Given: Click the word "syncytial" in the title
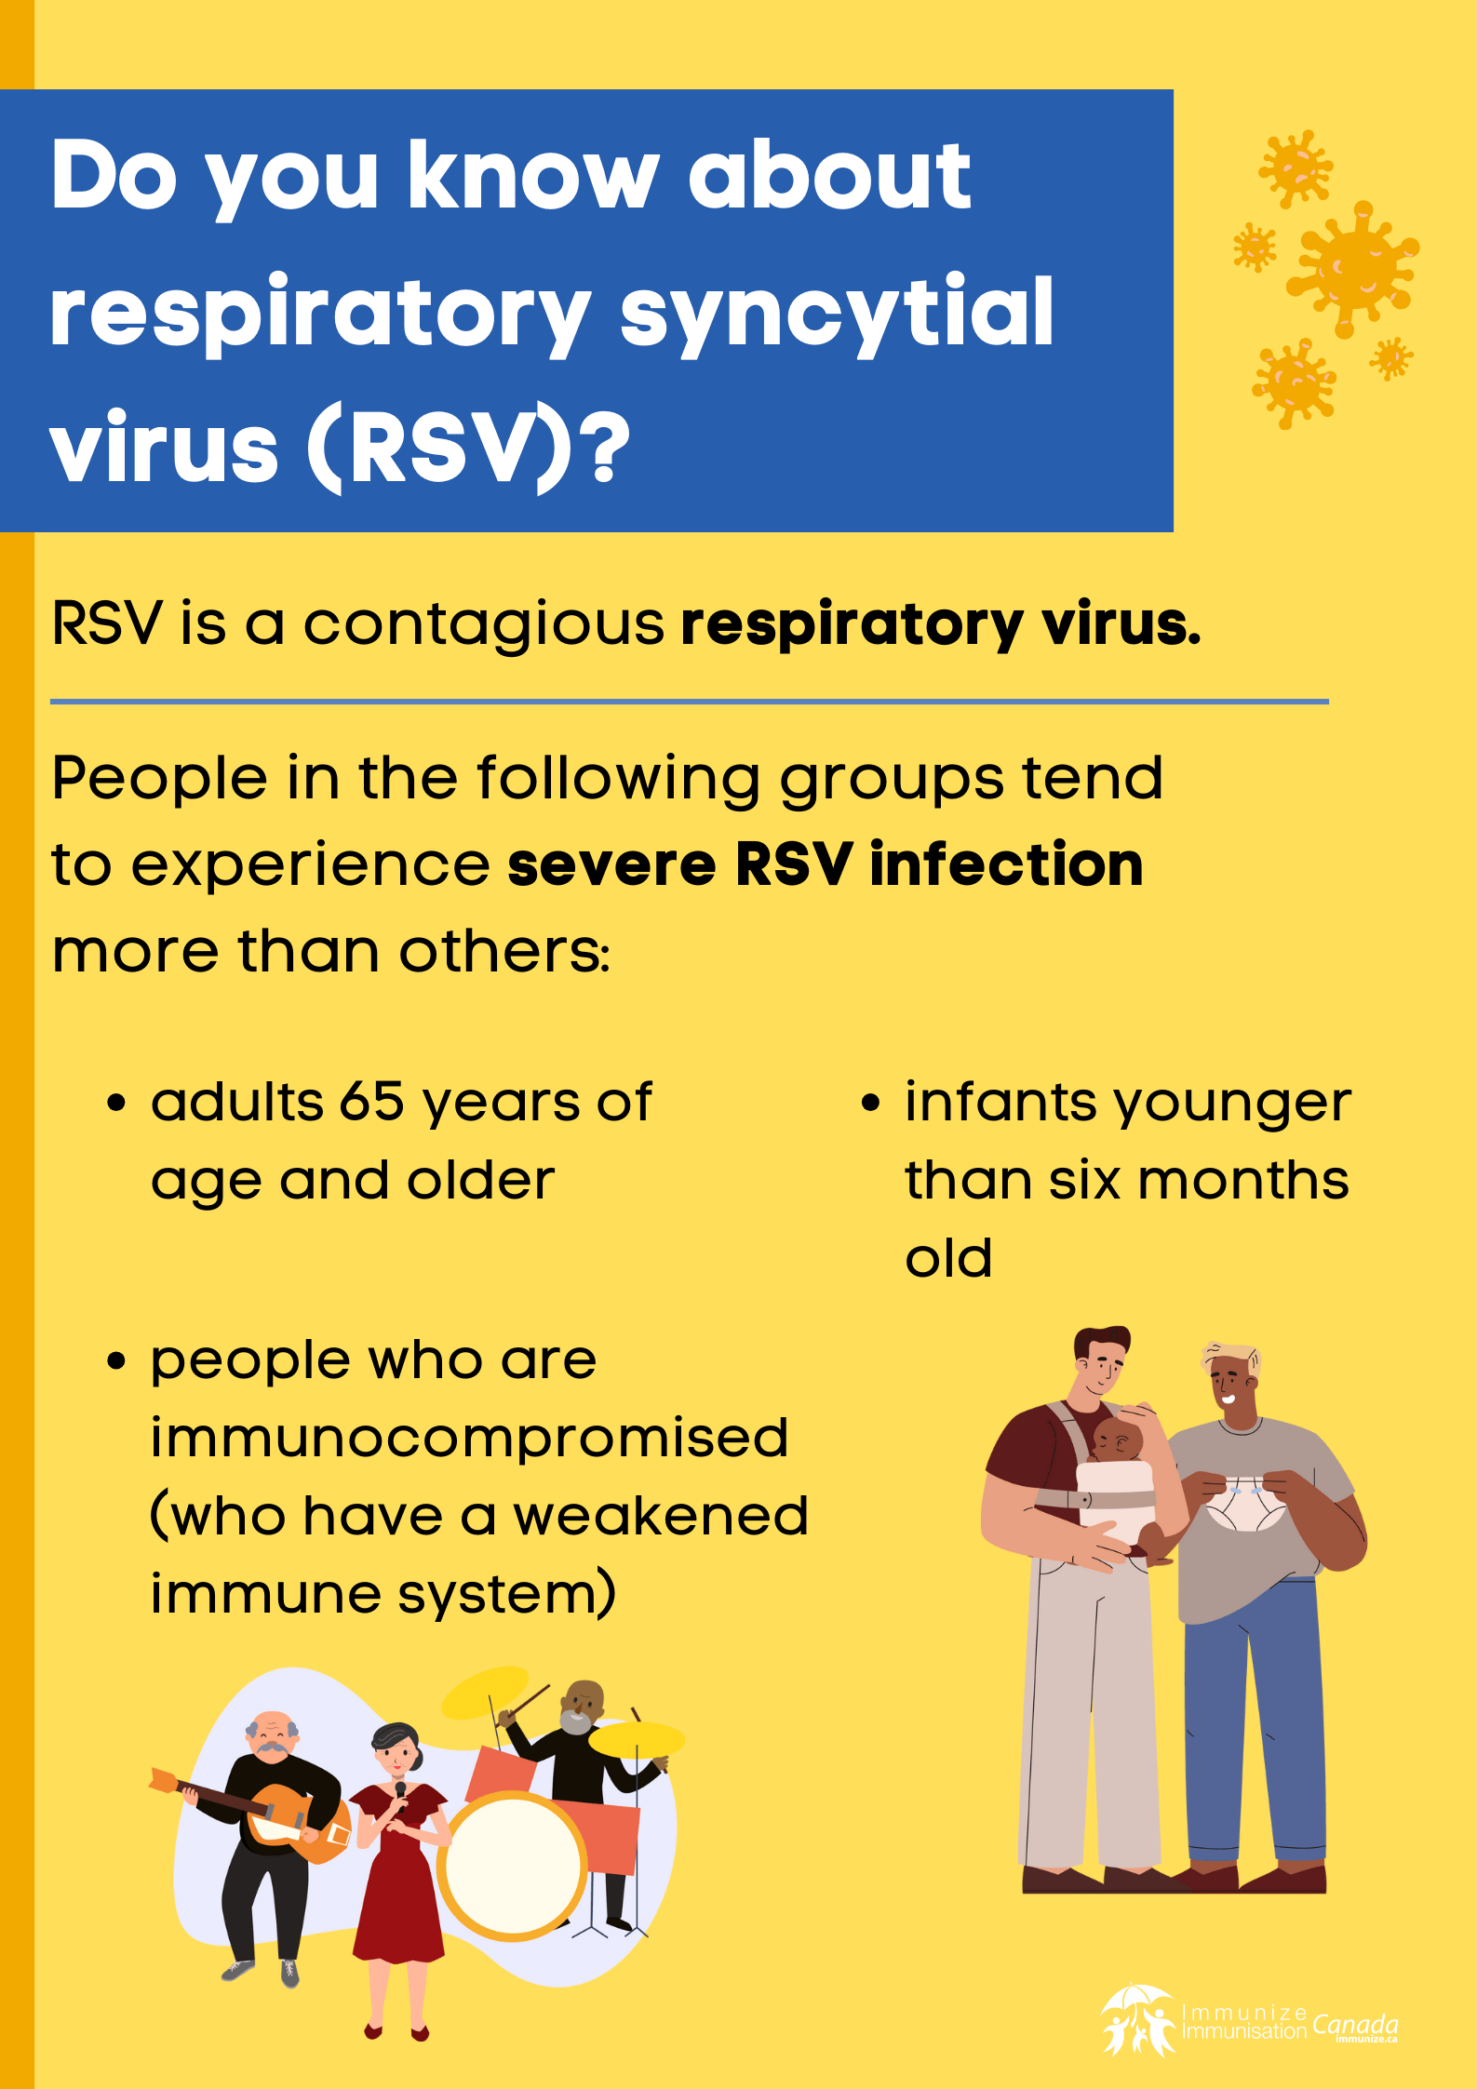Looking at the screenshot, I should [836, 313].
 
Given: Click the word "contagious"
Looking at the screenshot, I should [484, 623].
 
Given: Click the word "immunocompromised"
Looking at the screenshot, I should [469, 1438].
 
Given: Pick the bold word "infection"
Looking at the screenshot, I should [1006, 864].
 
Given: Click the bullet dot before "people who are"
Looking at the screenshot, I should [115, 1360].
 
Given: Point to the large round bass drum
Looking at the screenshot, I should [512, 1866].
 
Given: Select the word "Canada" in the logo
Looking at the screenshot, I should [1354, 2025].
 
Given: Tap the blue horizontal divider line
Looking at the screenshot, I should [689, 702].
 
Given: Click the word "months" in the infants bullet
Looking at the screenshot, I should [1243, 1181].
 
